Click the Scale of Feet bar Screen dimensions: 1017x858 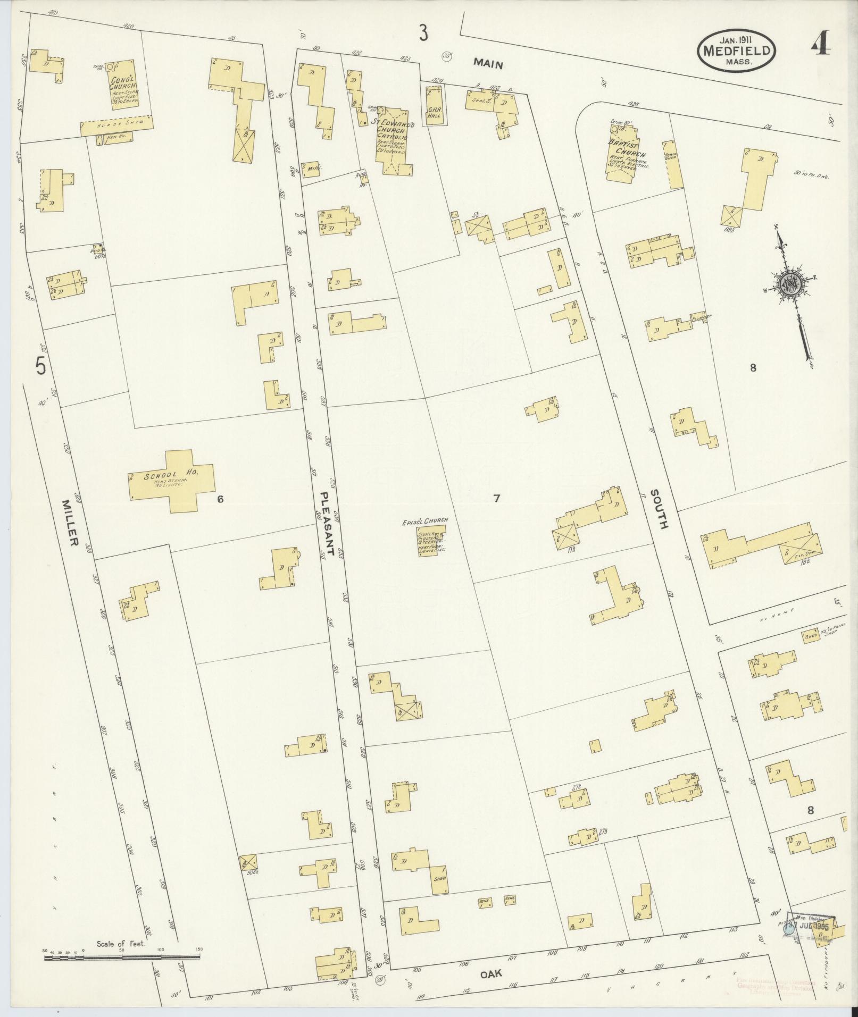click(x=121, y=957)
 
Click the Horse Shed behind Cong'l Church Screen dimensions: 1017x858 click(x=117, y=125)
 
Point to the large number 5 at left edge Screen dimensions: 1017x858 click(x=40, y=366)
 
